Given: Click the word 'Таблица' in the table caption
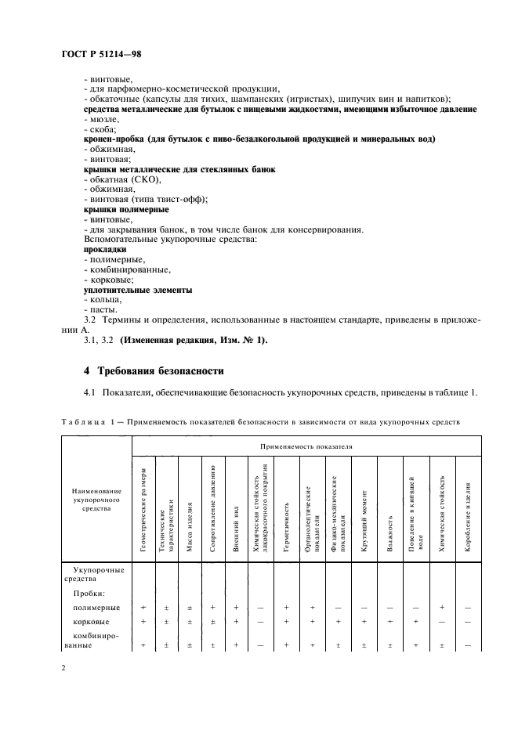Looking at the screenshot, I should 82,422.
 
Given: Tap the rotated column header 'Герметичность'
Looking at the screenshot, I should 288,526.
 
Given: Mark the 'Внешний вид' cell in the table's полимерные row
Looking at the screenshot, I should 235,608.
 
